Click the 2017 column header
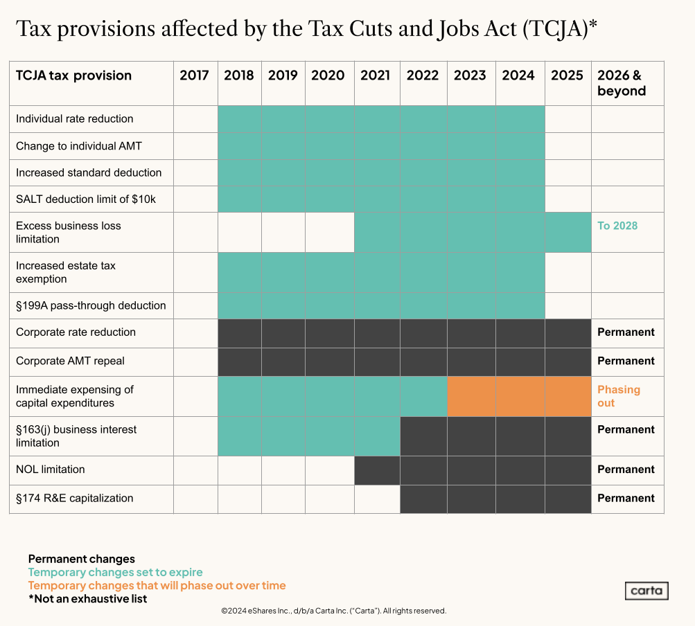tap(194, 75)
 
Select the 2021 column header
tap(375, 75)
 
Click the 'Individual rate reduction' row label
tap(75, 118)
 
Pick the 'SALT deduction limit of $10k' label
tap(86, 199)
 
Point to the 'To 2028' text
tap(617, 226)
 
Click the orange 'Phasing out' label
tap(619, 396)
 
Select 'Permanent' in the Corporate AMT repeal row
tap(626, 361)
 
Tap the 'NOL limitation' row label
tap(51, 469)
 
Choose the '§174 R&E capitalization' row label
tap(75, 498)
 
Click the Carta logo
tap(646, 591)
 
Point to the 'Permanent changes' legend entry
tap(82, 559)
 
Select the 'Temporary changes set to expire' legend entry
tap(115, 572)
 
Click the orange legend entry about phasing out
tap(157, 585)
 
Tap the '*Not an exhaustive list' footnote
tap(87, 598)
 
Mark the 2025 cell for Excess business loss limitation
tap(568, 232)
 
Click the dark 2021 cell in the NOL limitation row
tap(377, 470)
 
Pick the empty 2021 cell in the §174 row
tap(377, 499)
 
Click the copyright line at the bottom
tap(333, 611)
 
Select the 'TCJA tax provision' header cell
tap(73, 75)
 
